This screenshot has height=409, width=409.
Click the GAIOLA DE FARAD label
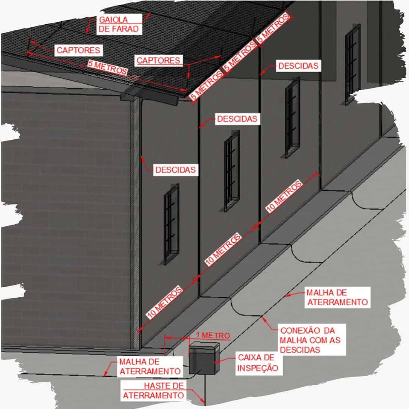(119, 24)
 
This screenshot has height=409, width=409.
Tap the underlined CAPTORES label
(158, 61)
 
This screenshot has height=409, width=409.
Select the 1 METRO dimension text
(213, 336)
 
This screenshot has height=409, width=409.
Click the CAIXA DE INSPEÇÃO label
(258, 362)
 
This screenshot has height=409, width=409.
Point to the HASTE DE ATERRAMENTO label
(154, 390)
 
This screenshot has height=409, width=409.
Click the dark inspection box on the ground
(204, 358)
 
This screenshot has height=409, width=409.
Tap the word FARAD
(125, 29)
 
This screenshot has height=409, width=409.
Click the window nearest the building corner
(172, 224)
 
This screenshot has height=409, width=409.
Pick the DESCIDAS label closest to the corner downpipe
(175, 170)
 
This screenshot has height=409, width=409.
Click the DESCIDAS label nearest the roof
(298, 66)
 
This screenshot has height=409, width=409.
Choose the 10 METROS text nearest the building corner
(164, 302)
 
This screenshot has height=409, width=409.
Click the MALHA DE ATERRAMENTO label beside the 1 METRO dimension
(150, 367)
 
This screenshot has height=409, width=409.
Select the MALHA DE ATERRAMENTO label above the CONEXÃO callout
(337, 297)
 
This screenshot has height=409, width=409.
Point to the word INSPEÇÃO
(258, 368)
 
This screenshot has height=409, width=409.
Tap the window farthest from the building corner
(353, 64)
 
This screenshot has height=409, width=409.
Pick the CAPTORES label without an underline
(78, 50)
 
